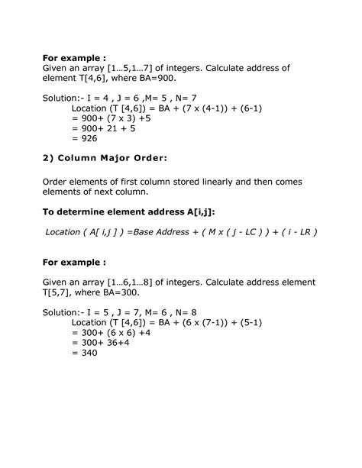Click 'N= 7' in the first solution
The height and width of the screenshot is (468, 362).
coord(189,97)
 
